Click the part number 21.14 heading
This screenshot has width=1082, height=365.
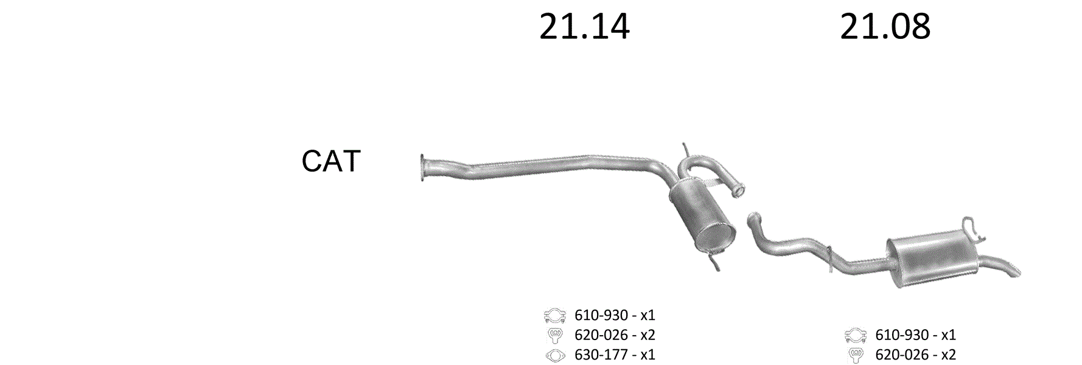pyautogui.click(x=584, y=27)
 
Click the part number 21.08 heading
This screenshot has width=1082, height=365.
pyautogui.click(x=885, y=27)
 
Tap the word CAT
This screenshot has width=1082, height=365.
pyautogui.click(x=331, y=161)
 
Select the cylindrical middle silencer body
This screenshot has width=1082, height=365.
pyautogui.click(x=702, y=219)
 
